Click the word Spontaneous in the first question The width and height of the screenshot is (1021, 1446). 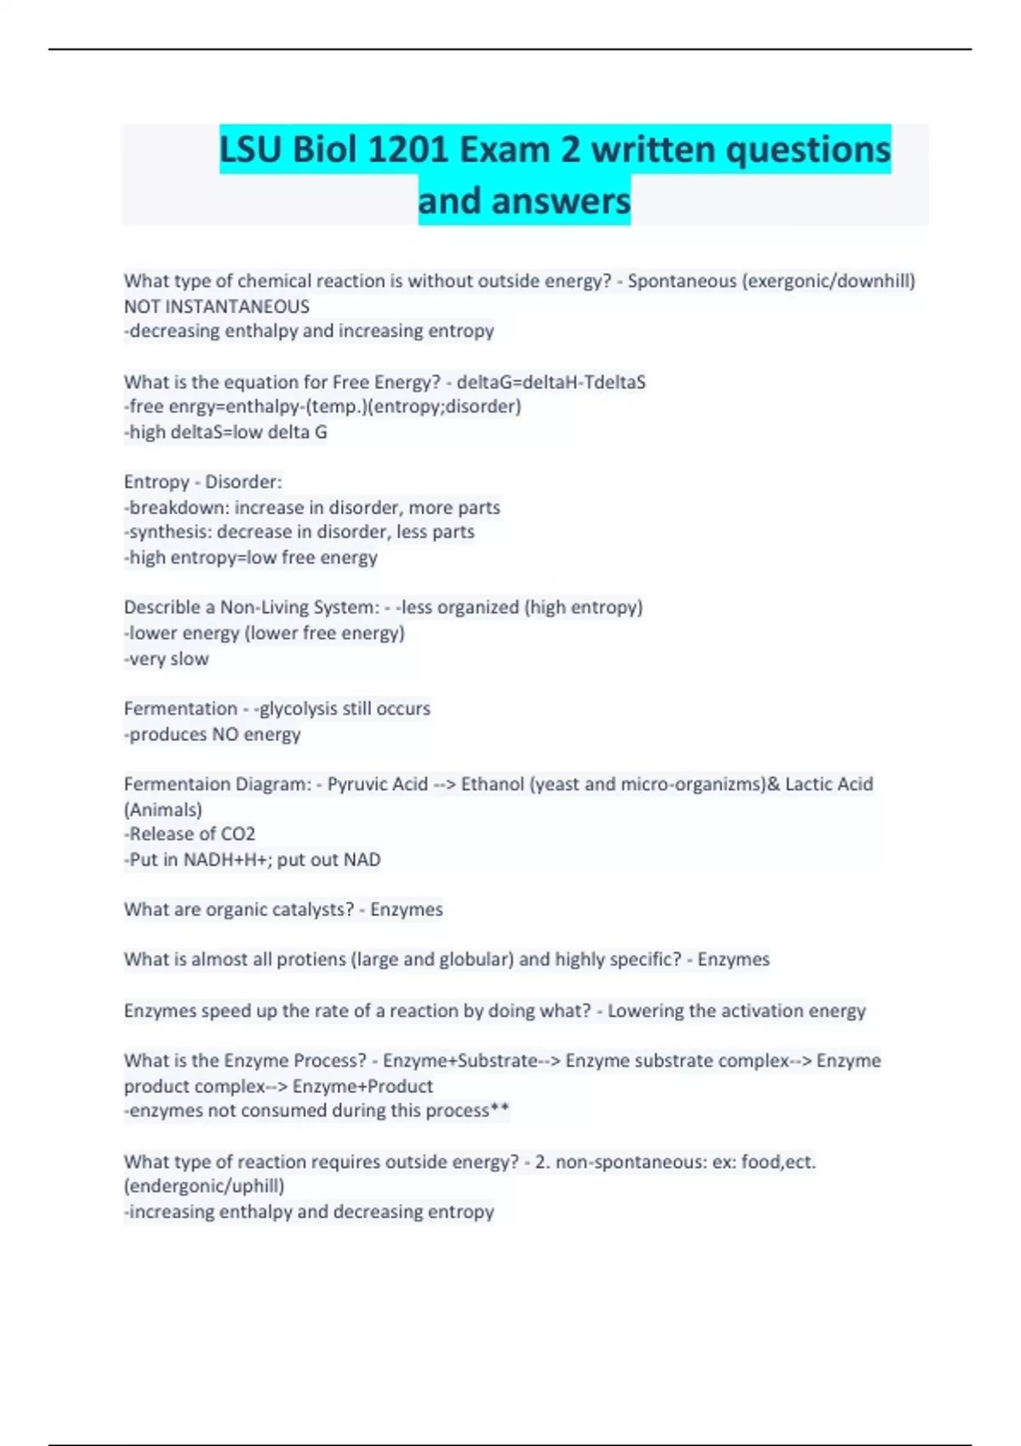(x=682, y=281)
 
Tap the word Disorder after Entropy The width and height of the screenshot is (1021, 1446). (x=242, y=482)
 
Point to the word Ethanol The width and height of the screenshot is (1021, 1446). (x=492, y=784)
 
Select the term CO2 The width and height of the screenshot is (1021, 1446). (x=238, y=834)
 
